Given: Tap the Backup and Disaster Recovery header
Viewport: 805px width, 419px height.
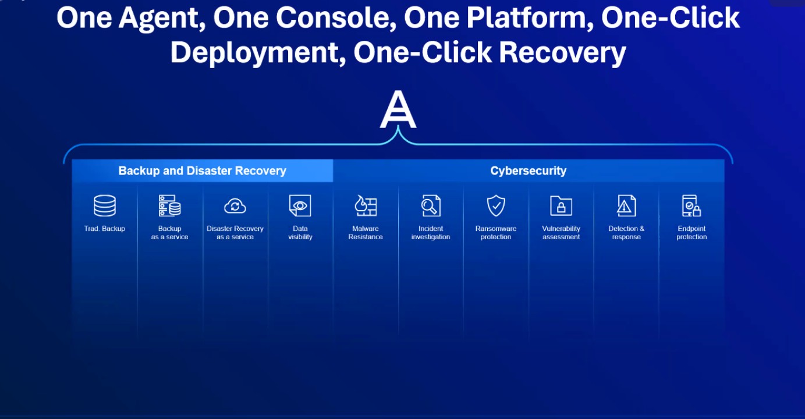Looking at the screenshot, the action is point(203,171).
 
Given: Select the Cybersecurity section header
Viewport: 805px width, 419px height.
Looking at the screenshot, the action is point(529,171).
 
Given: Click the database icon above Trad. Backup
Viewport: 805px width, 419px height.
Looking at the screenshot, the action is point(105,205).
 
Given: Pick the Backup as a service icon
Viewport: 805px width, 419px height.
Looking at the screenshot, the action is point(169,205).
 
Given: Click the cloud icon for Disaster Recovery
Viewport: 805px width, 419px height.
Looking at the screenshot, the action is point(235,206).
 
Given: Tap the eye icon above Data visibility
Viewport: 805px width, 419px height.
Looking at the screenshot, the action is point(300,205).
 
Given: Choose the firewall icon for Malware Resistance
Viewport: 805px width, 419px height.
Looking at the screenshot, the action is point(366,205).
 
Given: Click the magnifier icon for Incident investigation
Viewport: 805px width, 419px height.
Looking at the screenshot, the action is point(431,205).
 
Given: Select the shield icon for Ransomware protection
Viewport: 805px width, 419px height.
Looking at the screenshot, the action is point(496,205).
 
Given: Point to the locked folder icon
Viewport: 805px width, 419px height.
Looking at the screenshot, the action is point(561,206).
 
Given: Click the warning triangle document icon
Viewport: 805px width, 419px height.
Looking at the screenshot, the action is point(626,205).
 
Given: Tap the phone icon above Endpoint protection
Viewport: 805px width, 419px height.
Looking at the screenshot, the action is point(691,205).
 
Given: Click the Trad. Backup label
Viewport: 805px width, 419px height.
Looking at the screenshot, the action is point(105,229).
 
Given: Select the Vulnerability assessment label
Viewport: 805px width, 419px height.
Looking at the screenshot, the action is point(561,233).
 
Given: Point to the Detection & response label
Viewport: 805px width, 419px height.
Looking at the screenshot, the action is point(626,233).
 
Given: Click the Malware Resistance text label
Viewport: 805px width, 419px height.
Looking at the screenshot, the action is point(366,233).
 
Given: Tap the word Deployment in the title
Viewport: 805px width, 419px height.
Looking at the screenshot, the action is point(258,53).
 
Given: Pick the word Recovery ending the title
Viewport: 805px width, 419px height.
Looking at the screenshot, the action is point(562,53).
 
